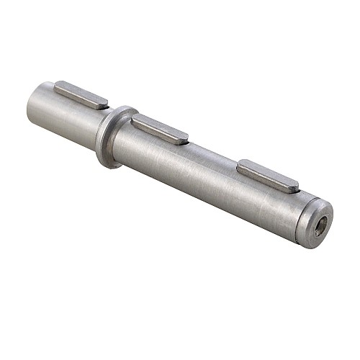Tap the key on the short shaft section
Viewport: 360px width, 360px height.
[81, 94]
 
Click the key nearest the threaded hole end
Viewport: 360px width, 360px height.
[268, 176]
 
